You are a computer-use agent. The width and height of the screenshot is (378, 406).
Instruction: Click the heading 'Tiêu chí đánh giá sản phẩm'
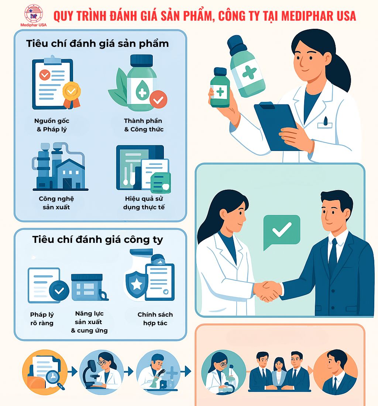pyautogui.click(x=97, y=44)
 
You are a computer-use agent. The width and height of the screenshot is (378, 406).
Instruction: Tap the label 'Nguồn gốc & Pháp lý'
pyautogui.click(x=52, y=125)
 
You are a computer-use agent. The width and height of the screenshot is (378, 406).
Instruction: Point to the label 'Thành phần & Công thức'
pyautogui.click(x=143, y=125)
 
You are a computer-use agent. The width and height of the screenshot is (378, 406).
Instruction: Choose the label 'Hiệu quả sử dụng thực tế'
pyautogui.click(x=144, y=203)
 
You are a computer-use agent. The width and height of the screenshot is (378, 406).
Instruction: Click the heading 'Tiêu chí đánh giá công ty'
pyautogui.click(x=97, y=240)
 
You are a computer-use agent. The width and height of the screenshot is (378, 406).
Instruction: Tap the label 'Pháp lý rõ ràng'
pyautogui.click(x=42, y=319)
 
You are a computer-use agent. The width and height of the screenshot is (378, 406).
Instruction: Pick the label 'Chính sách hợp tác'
pyautogui.click(x=155, y=319)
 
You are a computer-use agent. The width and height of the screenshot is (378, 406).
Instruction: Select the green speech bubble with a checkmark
pyautogui.click(x=281, y=231)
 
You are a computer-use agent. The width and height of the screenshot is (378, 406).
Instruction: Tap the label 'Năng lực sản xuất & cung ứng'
pyautogui.click(x=89, y=322)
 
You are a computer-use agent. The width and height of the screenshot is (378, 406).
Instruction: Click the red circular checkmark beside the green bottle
pyautogui.click(x=159, y=99)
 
